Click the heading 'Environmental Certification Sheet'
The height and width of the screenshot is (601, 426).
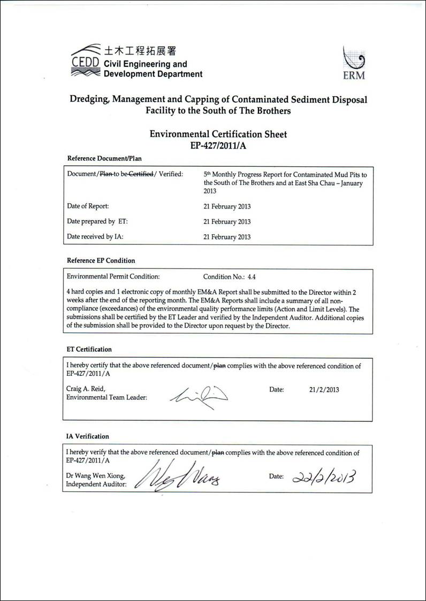(218, 134)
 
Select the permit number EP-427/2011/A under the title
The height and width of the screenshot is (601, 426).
(218, 145)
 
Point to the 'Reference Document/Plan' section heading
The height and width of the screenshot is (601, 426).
(104, 158)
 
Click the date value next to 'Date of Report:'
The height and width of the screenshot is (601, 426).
(227, 206)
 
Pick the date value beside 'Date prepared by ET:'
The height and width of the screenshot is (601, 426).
(227, 222)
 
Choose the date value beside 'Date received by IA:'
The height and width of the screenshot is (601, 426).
(227, 237)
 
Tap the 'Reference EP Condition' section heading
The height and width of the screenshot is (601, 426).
(101, 260)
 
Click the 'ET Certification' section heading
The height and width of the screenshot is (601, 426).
(89, 349)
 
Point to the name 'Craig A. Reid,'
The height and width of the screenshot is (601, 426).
(86, 389)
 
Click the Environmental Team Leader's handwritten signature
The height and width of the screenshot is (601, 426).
(199, 396)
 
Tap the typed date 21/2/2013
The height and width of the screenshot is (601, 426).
(324, 390)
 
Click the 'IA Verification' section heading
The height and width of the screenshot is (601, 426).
(87, 436)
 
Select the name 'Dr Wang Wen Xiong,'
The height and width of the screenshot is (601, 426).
(96, 476)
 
